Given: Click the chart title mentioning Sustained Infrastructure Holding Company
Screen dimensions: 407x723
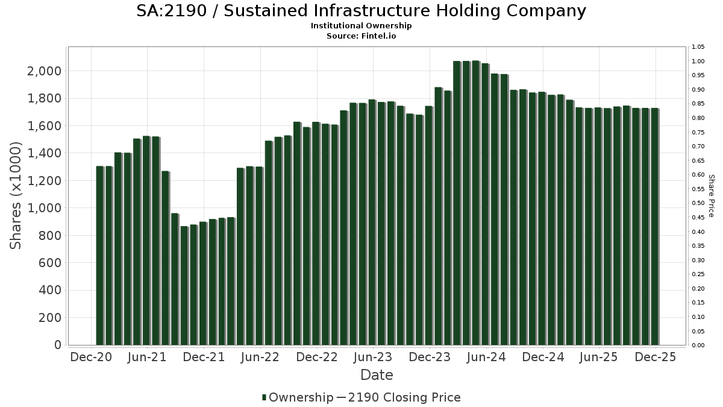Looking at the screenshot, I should (x=361, y=11).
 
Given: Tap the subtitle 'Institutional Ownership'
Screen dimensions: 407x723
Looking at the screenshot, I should (x=361, y=26).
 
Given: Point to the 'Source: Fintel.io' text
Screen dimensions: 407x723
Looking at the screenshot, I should (x=361, y=36).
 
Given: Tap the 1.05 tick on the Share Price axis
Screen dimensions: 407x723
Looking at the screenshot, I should (x=698, y=47).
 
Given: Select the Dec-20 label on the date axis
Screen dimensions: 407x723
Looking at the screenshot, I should (x=91, y=357).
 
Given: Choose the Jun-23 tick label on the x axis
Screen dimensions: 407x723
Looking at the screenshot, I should (x=372, y=357).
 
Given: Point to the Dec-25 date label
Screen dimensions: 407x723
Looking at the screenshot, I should (x=656, y=357).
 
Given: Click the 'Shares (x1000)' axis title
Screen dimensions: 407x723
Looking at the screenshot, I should (x=16, y=196).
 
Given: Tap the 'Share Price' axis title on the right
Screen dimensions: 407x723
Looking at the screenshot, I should (x=712, y=196).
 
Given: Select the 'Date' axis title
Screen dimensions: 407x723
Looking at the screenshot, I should (x=377, y=375).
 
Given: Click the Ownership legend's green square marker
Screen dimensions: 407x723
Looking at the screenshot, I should (x=264, y=397).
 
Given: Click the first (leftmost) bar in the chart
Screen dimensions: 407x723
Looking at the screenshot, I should (x=99, y=256).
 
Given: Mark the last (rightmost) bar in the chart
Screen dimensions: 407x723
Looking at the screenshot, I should (x=654, y=227).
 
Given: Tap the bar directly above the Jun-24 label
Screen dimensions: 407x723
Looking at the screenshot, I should (x=485, y=204).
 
